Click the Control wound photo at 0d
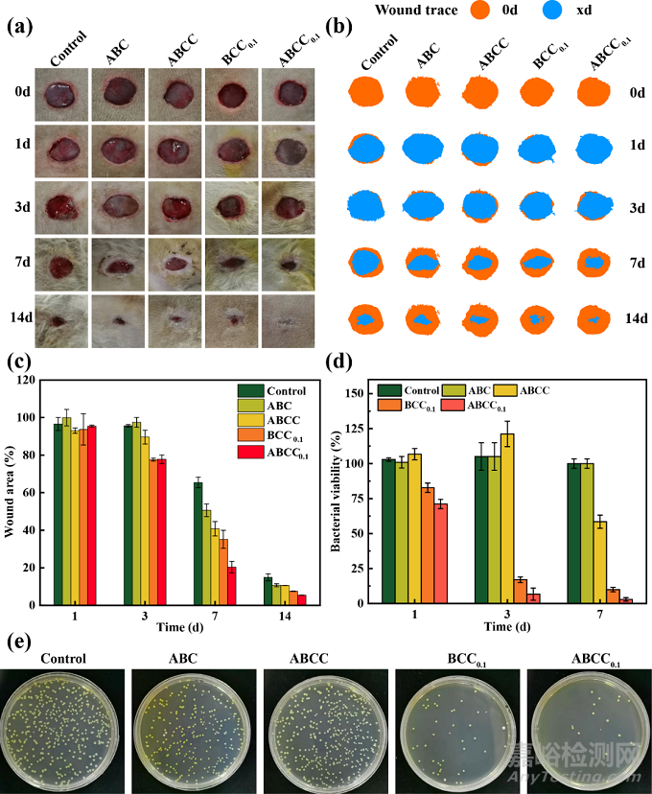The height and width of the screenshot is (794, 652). point(61,95)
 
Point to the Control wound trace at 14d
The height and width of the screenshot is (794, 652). point(366,319)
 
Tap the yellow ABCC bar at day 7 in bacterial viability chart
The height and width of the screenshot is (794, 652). point(599,562)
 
